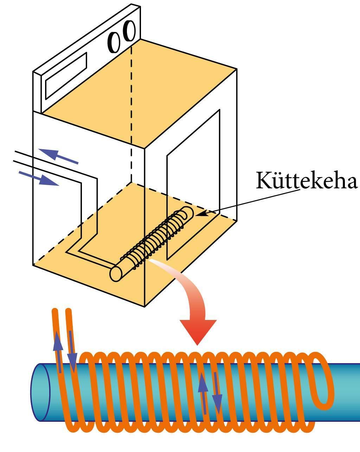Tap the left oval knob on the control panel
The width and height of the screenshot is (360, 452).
coord(114,42)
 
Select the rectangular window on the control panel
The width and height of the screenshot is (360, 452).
coord(66,76)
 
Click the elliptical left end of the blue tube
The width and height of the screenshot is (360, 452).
coord(40,392)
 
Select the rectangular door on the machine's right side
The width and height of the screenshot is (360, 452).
coord(193,183)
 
